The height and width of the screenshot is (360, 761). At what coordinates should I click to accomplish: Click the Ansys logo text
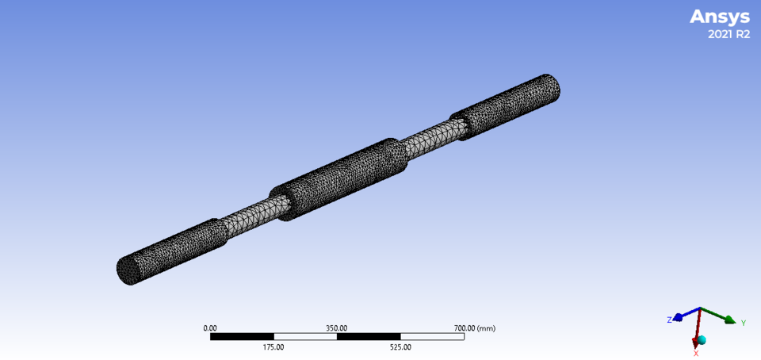point(719,17)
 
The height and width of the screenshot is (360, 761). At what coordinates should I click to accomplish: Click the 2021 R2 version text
point(728,34)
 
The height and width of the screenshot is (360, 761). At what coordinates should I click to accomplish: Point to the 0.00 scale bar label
point(210,327)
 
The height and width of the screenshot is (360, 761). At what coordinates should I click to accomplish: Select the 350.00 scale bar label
point(337,327)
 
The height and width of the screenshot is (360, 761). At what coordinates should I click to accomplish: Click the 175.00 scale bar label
point(273,347)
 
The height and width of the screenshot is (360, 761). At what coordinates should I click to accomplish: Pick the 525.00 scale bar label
point(400,347)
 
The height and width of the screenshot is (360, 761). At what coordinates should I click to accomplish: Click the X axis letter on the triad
point(696,353)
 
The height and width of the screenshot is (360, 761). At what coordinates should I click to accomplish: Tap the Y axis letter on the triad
point(744,323)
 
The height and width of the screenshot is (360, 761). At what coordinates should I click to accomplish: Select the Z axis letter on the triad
point(670,319)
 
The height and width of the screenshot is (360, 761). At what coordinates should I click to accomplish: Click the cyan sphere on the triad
point(702,340)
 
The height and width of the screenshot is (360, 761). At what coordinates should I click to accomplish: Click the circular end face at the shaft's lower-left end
point(128,270)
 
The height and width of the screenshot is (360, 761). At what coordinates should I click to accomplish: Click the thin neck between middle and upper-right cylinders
point(428,140)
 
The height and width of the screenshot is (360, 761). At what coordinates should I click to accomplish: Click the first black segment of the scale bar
point(242,336)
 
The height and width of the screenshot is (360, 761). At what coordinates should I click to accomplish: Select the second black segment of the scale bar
point(369,336)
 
